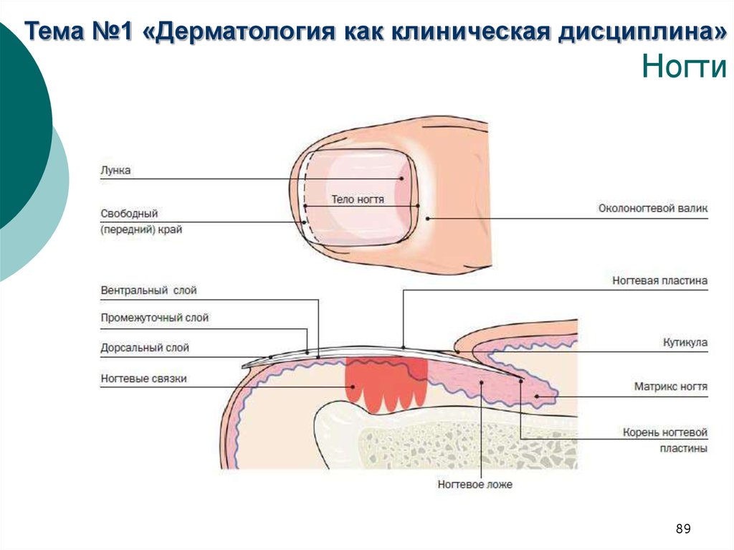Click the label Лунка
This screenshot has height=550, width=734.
click(116, 171)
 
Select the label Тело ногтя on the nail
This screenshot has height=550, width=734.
click(358, 199)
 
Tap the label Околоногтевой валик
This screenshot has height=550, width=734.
click(653, 209)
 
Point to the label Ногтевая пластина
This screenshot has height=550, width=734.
click(659, 281)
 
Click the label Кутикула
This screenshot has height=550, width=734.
click(685, 343)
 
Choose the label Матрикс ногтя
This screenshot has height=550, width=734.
click(671, 387)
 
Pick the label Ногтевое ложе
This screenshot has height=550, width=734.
click(475, 485)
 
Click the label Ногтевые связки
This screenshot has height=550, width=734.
click(143, 379)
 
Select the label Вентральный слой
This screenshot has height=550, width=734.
click(148, 290)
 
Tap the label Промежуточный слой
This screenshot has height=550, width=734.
click(155, 318)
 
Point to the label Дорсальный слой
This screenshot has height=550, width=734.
click(145, 348)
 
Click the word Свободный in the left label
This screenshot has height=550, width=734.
click(129, 214)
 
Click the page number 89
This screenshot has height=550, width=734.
click(683, 529)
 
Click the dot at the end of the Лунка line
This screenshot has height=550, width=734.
click(403, 179)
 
